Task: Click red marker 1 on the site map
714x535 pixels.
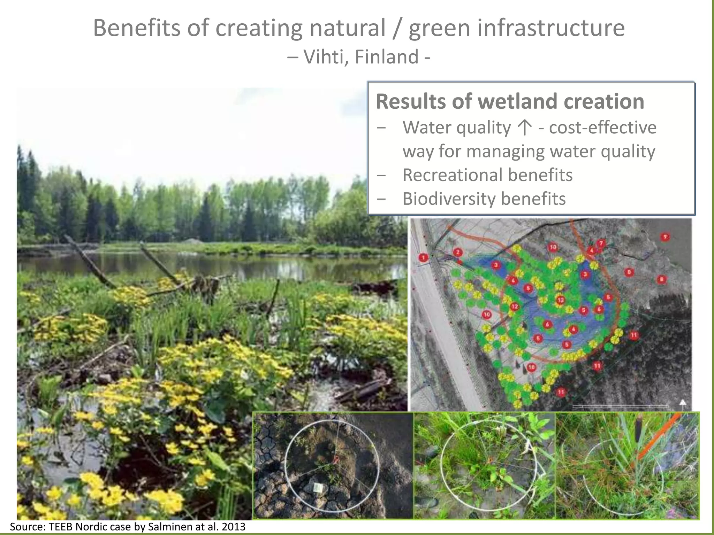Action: coord(423,258)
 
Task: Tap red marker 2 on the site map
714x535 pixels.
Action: coord(458,252)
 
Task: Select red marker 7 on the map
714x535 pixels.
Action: coord(601,243)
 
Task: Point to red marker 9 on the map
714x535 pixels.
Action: coord(665,237)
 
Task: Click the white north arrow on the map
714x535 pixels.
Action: coord(683,404)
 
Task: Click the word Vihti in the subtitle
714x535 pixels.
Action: coord(326,57)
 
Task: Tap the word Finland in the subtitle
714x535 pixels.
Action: coord(387,57)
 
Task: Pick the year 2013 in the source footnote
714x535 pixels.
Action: coord(233,527)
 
